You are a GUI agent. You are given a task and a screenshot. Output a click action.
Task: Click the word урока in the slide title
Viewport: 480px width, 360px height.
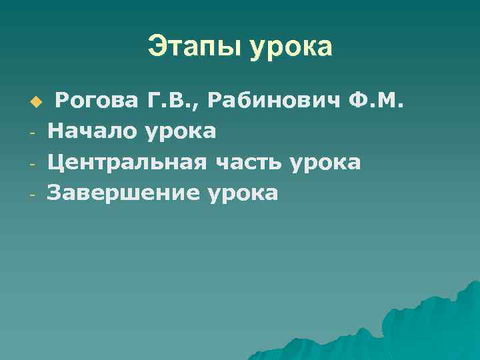[291, 49]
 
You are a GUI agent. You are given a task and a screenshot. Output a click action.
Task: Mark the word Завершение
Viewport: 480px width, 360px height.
[123, 193]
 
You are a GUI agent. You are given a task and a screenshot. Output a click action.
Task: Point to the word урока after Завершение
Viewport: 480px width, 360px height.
[243, 194]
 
